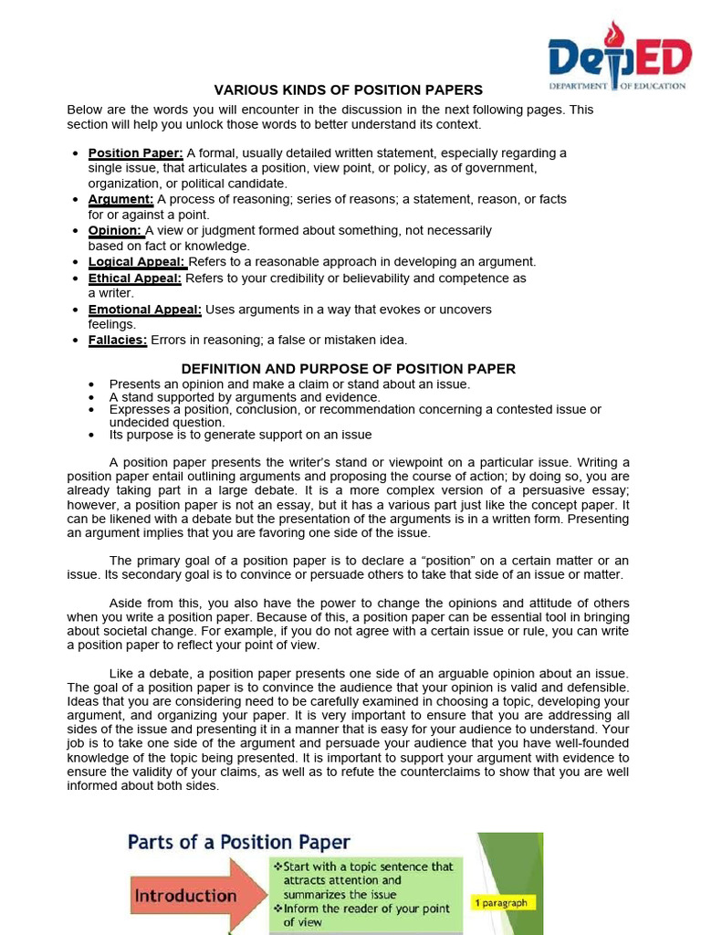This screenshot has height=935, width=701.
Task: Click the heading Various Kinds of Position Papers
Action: (348, 90)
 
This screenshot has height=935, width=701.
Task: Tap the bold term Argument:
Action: (120, 199)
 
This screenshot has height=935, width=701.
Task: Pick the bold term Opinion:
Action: (115, 230)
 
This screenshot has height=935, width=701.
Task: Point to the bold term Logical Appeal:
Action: (137, 262)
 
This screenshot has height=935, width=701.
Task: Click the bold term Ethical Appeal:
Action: (135, 278)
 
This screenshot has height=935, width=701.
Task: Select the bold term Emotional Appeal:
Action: (144, 310)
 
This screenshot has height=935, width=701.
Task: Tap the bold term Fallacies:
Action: (118, 340)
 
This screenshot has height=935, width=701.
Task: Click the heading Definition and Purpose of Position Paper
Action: (348, 369)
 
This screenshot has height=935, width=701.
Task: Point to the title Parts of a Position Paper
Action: (239, 842)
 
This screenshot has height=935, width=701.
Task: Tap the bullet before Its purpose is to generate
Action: (93, 436)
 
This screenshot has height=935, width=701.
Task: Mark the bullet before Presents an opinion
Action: (93, 384)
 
